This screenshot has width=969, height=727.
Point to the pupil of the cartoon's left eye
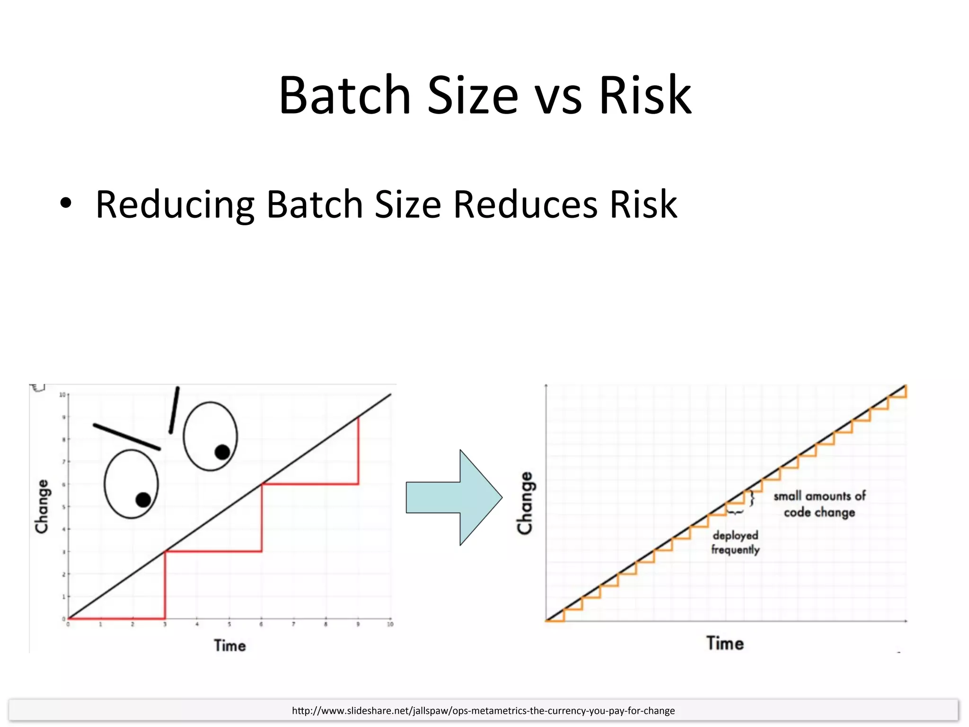click(x=143, y=500)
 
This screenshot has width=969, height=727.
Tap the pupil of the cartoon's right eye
click(x=222, y=452)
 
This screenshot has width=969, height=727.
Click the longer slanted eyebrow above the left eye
click(x=127, y=436)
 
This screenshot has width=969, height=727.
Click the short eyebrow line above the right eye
click(x=174, y=410)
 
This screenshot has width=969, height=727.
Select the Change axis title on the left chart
click(x=42, y=506)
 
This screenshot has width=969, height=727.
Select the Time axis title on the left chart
click(x=230, y=646)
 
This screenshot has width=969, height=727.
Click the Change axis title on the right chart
click(x=525, y=503)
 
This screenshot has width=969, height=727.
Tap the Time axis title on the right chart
click(x=725, y=643)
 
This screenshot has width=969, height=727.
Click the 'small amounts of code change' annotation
click(x=819, y=504)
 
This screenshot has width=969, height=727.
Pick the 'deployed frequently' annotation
click(x=735, y=542)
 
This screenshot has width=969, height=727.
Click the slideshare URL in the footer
click(x=483, y=710)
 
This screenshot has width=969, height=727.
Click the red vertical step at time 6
click(x=262, y=518)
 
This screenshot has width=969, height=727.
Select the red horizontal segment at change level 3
click(x=213, y=551)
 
